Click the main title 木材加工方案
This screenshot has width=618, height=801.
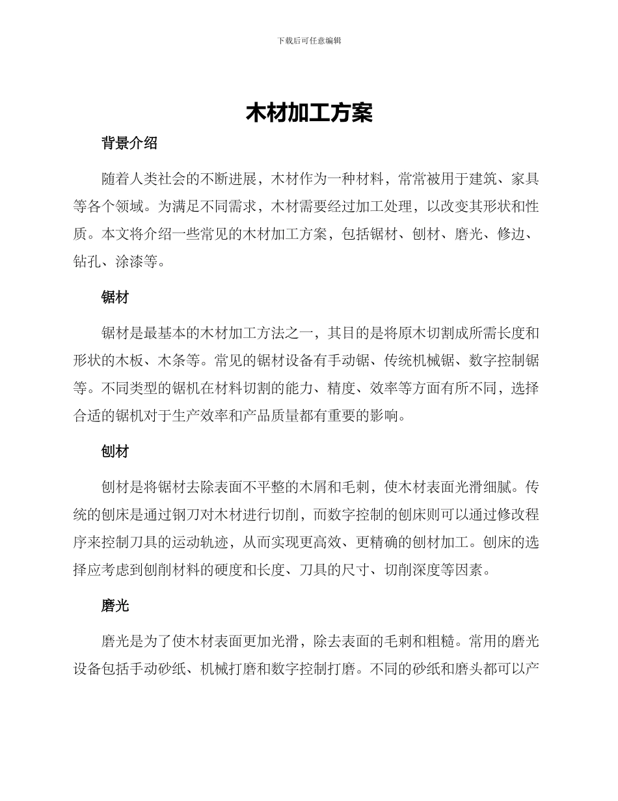[309, 113]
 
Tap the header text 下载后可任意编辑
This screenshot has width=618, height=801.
[309, 40]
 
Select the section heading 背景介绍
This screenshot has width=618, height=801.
[129, 144]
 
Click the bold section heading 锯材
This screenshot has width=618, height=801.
[115, 298]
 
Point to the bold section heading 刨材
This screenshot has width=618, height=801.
[115, 452]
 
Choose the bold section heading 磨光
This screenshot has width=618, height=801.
[115, 606]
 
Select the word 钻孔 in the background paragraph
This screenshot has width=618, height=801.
[87, 263]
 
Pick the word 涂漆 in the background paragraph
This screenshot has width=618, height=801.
[129, 263]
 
